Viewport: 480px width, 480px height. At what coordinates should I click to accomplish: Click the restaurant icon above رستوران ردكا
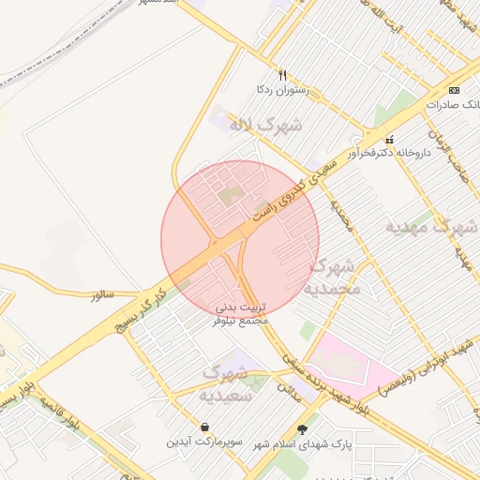click(x=281, y=75)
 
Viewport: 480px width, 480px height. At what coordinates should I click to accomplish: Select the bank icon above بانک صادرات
click(x=455, y=90)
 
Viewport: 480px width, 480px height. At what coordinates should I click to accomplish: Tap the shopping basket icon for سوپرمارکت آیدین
click(x=205, y=427)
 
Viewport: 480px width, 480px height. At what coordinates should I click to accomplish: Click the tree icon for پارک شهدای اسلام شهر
click(x=302, y=429)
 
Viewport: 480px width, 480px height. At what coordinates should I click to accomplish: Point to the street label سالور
click(x=102, y=294)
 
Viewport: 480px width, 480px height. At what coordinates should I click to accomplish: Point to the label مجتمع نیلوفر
click(x=242, y=321)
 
